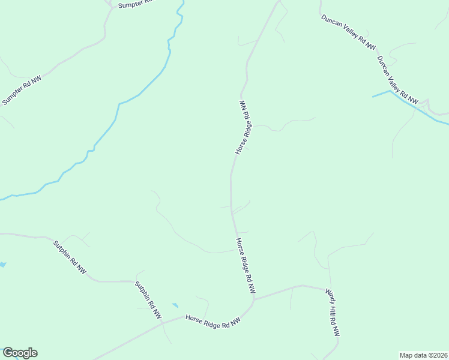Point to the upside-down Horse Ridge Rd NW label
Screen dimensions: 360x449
pyautogui.click(x=243, y=128)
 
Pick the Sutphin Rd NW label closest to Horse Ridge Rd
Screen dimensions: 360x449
pyautogui.click(x=148, y=299)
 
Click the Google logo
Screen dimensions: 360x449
pyautogui.click(x=20, y=353)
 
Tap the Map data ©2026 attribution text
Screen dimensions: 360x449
pyautogui.click(x=423, y=355)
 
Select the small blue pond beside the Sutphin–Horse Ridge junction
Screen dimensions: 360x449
pyautogui.click(x=175, y=305)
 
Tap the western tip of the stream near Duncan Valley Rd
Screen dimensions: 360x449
pyautogui.click(x=373, y=96)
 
